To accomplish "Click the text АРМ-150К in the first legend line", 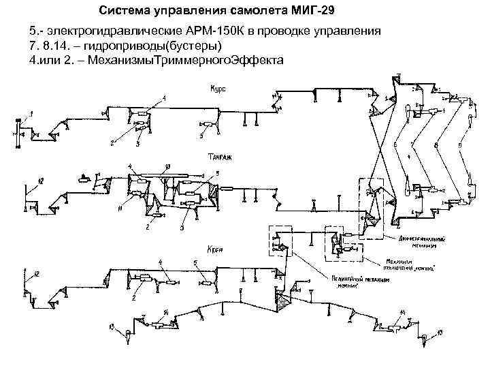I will (225, 32).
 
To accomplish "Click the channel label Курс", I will (218, 89).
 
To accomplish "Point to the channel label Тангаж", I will (217, 156).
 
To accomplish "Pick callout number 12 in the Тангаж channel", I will (41, 180).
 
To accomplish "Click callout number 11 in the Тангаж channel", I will (119, 211).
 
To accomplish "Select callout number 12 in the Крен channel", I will (37, 273).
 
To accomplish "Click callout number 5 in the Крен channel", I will (195, 263).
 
